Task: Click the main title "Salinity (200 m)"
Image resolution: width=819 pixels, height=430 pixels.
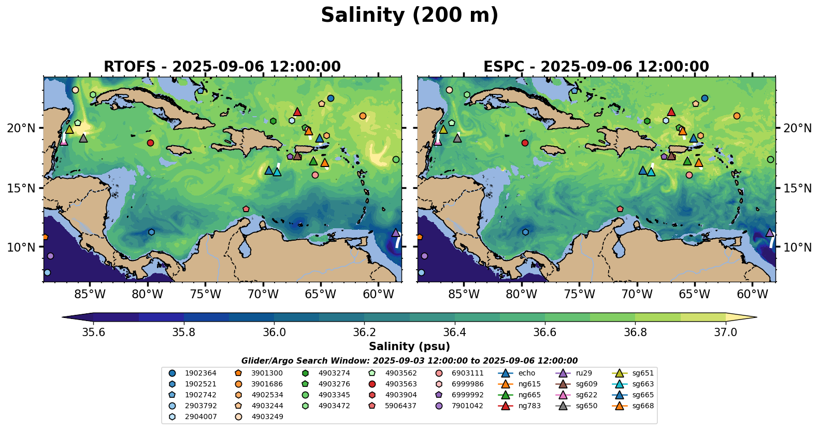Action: coord(409,16)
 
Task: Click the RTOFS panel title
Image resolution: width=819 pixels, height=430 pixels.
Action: coord(222,67)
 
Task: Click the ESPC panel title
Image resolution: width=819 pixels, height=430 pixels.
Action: coord(596,67)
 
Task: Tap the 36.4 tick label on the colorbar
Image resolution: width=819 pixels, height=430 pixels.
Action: coord(454,332)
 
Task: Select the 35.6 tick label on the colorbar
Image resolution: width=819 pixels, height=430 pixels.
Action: coord(93,332)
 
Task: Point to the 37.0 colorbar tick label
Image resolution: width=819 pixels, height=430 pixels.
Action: coord(725,332)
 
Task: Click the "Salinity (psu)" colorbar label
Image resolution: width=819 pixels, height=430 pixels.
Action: coord(409,346)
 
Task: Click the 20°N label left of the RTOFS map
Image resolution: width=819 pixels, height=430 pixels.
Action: coord(21,128)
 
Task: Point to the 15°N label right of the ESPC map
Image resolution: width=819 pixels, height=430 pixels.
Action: coord(797,188)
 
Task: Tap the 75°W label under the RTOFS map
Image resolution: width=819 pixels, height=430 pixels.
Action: coord(205,295)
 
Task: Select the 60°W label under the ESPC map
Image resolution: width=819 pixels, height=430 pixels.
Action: coord(752,295)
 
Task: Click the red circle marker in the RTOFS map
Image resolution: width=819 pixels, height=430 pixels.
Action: coord(150,143)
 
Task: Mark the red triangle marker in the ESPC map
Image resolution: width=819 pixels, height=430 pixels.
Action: coord(671,112)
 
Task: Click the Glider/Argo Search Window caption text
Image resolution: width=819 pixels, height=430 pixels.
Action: coord(409,360)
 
